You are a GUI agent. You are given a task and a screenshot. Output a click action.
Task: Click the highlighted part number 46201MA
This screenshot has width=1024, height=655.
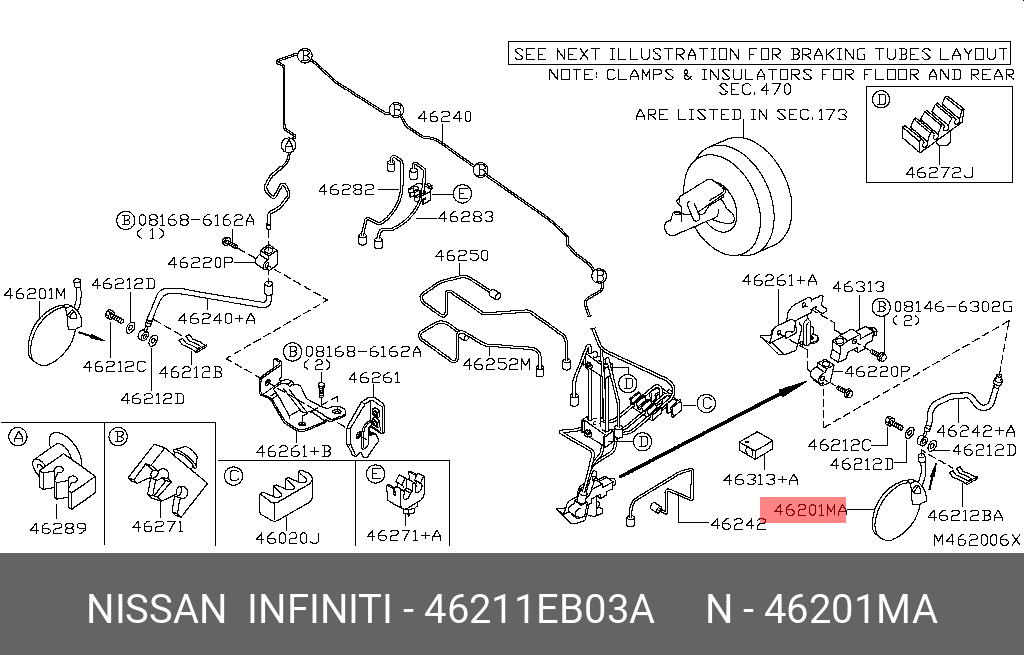pyautogui.click(x=804, y=512)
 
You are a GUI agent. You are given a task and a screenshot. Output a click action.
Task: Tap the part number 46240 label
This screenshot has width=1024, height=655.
pyautogui.click(x=444, y=117)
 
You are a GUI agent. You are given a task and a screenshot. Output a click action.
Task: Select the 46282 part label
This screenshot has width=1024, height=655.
pyautogui.click(x=346, y=188)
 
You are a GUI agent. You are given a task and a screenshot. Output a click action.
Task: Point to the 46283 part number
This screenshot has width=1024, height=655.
pyautogui.click(x=466, y=215)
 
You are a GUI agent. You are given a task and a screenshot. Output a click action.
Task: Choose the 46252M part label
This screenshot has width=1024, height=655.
pyautogui.click(x=496, y=364)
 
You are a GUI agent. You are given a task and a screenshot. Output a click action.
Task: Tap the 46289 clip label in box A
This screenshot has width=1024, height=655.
pyautogui.click(x=57, y=527)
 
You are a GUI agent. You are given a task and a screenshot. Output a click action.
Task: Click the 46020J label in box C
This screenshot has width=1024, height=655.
pyautogui.click(x=287, y=538)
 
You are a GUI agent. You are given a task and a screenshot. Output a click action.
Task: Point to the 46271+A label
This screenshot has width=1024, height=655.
pyautogui.click(x=403, y=535)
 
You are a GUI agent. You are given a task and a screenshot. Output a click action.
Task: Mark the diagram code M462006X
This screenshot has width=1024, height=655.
pyautogui.click(x=976, y=540)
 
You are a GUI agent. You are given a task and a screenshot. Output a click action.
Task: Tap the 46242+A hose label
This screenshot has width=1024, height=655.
pyautogui.click(x=978, y=431)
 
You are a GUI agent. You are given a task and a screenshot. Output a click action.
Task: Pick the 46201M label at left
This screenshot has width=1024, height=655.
pyautogui.click(x=34, y=293)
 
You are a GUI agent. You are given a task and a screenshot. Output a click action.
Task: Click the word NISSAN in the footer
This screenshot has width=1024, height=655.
pyautogui.click(x=156, y=609)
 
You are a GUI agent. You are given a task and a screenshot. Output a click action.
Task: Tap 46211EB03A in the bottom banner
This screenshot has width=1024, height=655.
pyautogui.click(x=539, y=609)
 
